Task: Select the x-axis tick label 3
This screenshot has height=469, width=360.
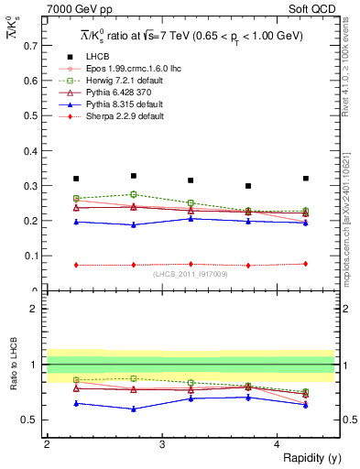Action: coord(161,444)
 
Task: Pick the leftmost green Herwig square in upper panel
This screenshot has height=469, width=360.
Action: coord(76,199)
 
